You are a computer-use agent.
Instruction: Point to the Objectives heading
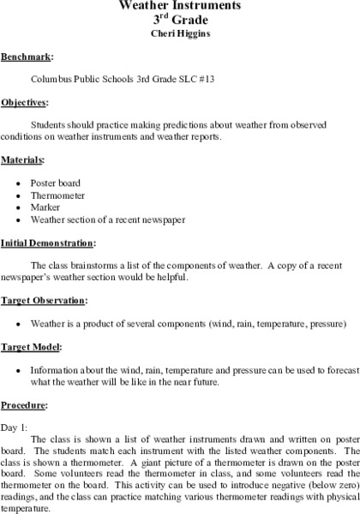tap(25, 102)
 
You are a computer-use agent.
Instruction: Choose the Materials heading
tap(23, 159)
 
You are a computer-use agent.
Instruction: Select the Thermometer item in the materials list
tap(57, 194)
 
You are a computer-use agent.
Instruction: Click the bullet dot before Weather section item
tap(19, 219)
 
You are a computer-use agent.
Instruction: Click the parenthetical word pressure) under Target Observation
tap(329, 325)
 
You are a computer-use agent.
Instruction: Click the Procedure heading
tap(24, 405)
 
